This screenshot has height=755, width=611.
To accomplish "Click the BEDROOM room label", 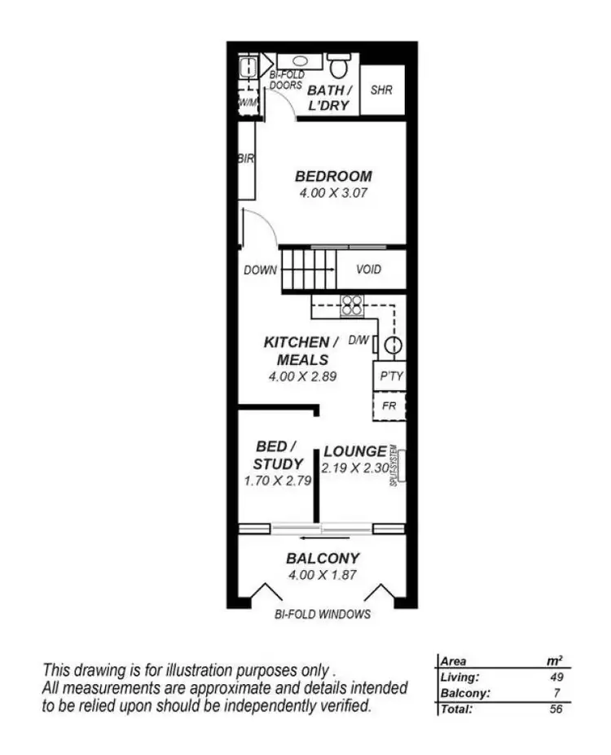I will pos(333,176).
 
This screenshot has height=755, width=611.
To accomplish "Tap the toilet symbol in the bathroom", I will pos(338,64).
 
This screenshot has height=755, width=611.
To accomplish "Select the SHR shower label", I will pos(381,90).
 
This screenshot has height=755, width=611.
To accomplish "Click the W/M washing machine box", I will pos(247,103).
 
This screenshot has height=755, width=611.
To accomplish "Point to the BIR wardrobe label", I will pos(246,159).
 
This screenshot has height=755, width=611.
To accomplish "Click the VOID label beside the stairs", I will pos(368,270).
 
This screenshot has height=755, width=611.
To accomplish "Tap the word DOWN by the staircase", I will pos(260,270).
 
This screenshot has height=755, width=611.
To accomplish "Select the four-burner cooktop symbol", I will pos(352,305).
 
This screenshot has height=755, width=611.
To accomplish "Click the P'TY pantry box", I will pos(389,377).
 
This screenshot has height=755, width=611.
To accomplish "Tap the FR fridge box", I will pos(389,405).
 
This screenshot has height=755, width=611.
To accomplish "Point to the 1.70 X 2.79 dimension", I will pos(278,481).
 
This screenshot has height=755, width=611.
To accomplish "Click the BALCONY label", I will pos(323,559).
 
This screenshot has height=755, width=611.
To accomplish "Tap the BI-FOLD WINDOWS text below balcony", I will pos(323,614).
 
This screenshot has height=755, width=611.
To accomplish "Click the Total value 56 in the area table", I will pos(556,709).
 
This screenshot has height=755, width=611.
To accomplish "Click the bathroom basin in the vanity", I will pos(299,61).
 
